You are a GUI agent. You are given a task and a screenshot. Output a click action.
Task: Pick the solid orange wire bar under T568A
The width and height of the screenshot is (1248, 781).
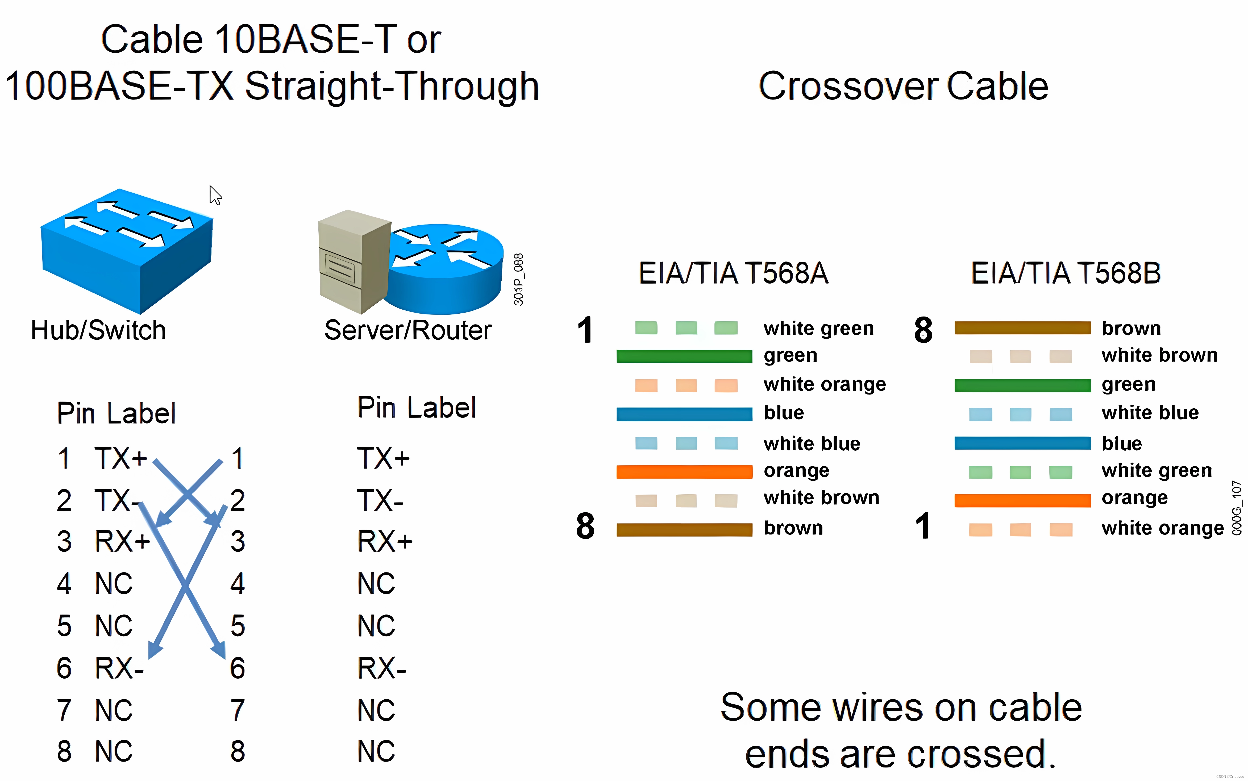click(684, 472)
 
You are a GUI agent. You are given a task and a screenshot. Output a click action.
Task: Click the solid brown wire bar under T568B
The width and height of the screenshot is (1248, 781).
click(1022, 328)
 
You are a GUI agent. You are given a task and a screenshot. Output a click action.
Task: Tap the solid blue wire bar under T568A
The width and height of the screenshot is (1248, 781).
click(684, 414)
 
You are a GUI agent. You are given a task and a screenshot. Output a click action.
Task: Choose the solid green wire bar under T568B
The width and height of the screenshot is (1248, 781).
click(1022, 385)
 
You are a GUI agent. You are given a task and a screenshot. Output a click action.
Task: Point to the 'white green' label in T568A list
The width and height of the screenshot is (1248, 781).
click(818, 329)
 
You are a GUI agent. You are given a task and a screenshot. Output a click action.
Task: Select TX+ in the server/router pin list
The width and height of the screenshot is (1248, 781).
click(383, 458)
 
